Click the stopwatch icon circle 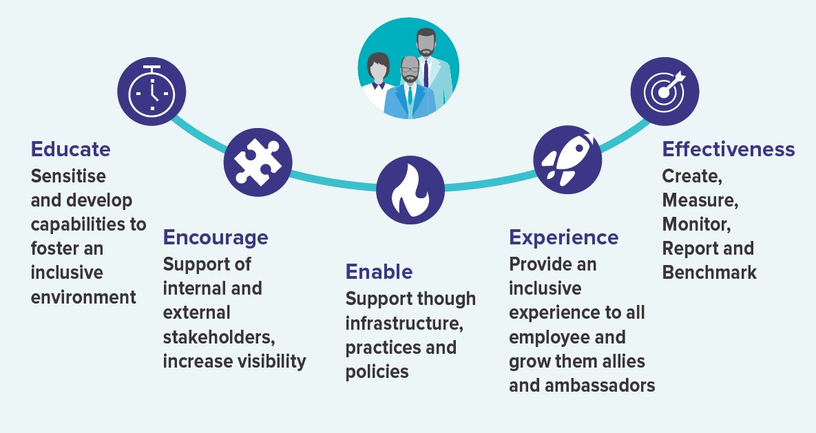tap(151, 92)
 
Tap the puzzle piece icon tap(258, 163)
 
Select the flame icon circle tap(410, 190)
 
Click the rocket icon tap(567, 159)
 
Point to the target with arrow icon tap(665, 92)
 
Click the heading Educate tap(71, 149)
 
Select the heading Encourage tap(216, 237)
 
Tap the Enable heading tap(379, 272)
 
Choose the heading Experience tap(563, 237)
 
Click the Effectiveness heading tap(729, 149)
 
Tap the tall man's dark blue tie tap(426, 73)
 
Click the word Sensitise tap(68, 176)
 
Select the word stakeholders tap(219, 337)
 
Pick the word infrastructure tap(404, 323)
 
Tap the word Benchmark tap(709, 272)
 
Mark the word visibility tap(271, 361)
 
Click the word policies tap(377, 372)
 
